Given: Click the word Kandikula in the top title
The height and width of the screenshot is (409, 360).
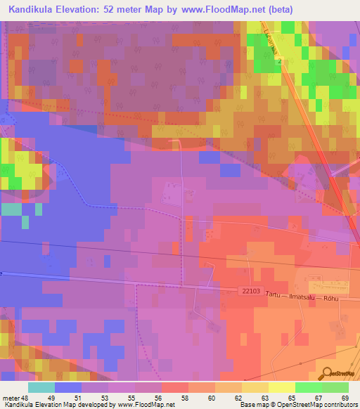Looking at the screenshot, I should (x=33, y=10).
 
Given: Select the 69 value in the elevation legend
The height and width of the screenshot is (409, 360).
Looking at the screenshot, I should (x=344, y=397).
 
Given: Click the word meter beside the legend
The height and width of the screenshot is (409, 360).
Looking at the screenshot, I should (x=12, y=397).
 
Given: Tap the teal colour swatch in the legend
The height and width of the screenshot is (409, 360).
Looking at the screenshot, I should (x=41, y=387).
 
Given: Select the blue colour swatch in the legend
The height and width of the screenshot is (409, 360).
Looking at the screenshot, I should (x=68, y=387).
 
